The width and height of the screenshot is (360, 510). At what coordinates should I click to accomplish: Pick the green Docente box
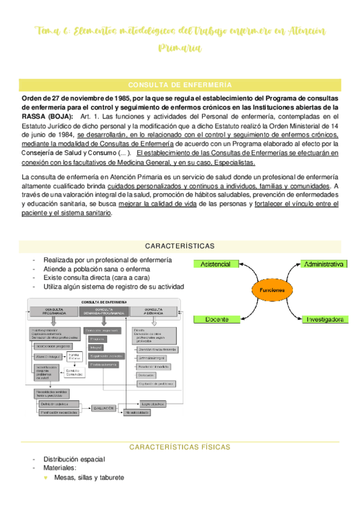click(x=215, y=319)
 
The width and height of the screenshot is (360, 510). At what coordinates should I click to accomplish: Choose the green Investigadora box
click(x=323, y=319)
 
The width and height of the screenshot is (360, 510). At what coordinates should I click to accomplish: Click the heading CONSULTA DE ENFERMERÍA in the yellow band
click(x=180, y=85)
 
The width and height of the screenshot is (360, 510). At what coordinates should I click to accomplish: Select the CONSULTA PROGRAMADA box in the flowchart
click(x=54, y=312)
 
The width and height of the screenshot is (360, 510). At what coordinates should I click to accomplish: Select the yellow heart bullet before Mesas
click(x=46, y=478)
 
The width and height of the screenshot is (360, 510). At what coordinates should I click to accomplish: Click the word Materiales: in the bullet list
click(x=59, y=468)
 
